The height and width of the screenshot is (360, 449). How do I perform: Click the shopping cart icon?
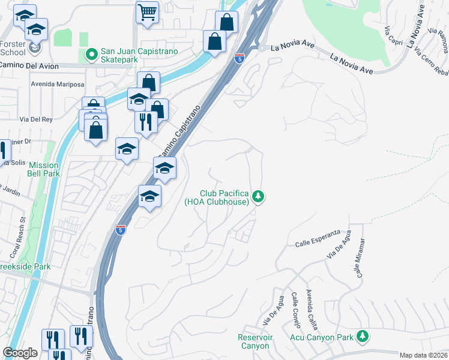coord(147,11)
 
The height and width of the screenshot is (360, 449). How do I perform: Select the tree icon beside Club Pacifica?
coord(258,196)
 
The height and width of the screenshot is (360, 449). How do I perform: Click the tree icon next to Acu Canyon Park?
coord(362,337)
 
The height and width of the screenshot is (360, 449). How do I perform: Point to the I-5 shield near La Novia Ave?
coord(240,58)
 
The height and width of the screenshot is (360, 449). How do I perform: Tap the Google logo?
coord(20,353)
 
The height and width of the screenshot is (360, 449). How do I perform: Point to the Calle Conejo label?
coord(295,310)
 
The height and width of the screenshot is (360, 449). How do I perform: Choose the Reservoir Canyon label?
coord(255,341)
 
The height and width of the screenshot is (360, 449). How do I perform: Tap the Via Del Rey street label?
coord(36,119)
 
